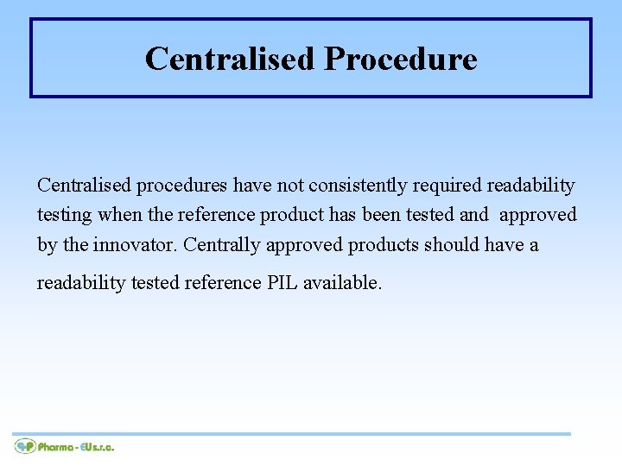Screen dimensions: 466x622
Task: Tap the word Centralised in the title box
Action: pyautogui.click(x=230, y=60)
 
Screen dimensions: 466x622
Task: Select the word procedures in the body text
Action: pyautogui.click(x=180, y=186)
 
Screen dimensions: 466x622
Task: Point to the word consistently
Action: pyautogui.click(x=358, y=186)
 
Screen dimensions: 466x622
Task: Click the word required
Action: pyautogui.click(x=447, y=186)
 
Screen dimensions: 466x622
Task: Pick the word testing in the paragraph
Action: pyautogui.click(x=66, y=215)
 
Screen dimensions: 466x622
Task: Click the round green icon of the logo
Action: pyautogui.click(x=25, y=446)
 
